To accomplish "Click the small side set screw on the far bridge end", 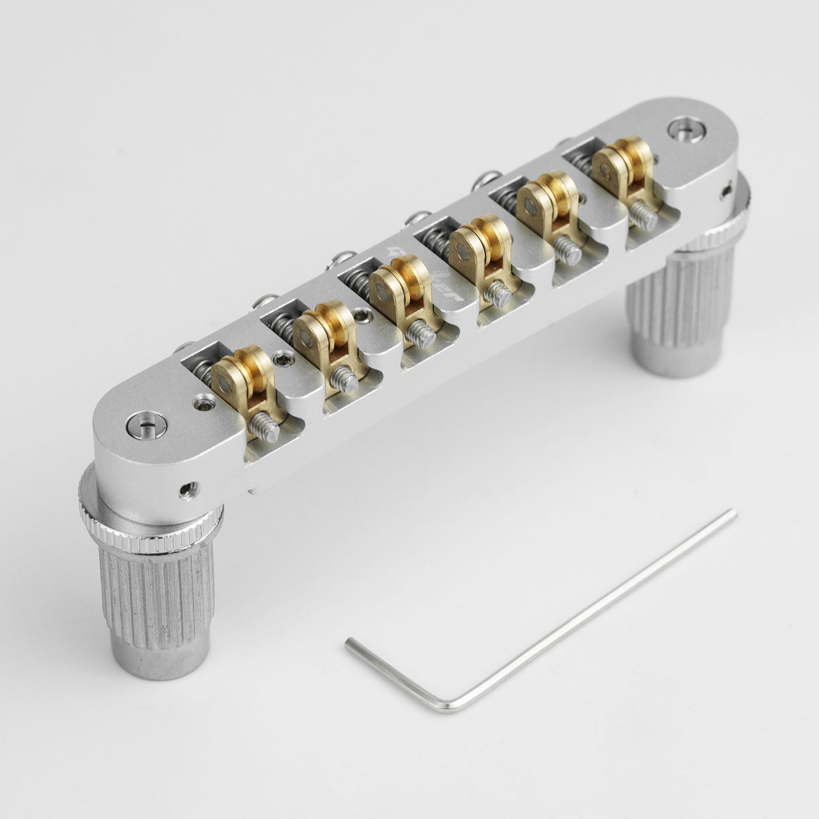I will tap(725, 192).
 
